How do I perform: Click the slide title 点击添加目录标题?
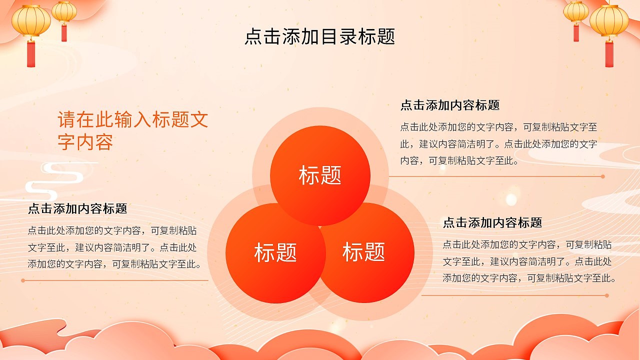pos(320,36)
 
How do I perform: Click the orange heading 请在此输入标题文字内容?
pos(132,131)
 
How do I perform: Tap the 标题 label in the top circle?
pos(320,175)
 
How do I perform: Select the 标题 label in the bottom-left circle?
pos(275,252)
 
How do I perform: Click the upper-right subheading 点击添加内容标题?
pos(449,105)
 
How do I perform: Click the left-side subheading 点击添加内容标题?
pos(77,208)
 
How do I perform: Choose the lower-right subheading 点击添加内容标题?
pos(492,222)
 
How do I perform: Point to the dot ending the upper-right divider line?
pos(603,176)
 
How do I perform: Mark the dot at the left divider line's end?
pos(23,280)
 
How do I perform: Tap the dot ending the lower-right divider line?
pos(607,295)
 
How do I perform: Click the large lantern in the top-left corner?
pos(31,21)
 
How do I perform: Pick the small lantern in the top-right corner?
pos(576,12)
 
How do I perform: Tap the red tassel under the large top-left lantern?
pos(31,53)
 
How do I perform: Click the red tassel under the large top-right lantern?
pos(608,53)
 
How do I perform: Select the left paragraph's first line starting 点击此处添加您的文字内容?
pos(112,231)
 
